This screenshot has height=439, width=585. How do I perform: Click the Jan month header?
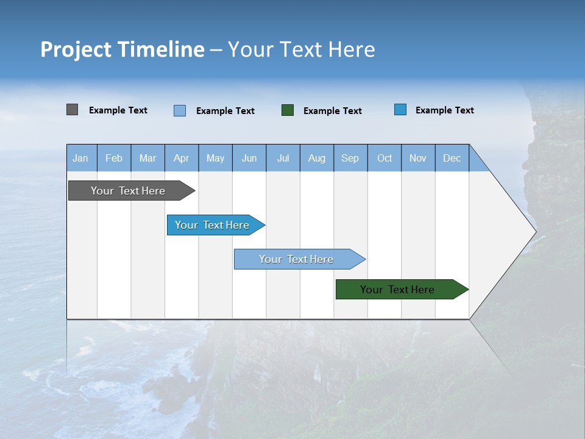(x=80, y=158)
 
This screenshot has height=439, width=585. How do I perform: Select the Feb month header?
(x=114, y=158)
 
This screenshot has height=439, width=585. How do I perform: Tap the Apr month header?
(x=182, y=158)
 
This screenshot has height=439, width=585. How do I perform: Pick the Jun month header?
(x=249, y=158)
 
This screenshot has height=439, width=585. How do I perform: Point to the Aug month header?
(x=317, y=158)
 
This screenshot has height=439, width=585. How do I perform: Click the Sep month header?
(x=350, y=158)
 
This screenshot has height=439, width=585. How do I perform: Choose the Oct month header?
(x=385, y=158)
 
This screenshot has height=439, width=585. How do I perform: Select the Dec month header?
(x=452, y=158)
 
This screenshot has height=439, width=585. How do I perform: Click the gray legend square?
(x=72, y=110)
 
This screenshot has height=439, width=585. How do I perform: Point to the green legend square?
(x=288, y=110)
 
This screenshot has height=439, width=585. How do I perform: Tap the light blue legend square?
(x=180, y=110)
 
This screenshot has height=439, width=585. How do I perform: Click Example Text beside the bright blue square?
(x=444, y=110)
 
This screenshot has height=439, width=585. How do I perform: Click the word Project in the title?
(x=76, y=49)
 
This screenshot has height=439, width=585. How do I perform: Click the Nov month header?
(x=418, y=158)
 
